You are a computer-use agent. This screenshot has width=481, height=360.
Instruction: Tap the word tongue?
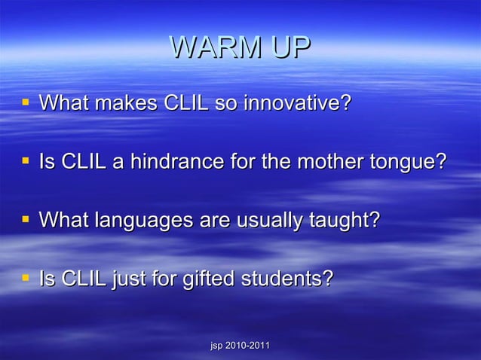pyautogui.click(x=406, y=163)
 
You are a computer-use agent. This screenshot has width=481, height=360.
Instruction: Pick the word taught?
pyautogui.click(x=344, y=221)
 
